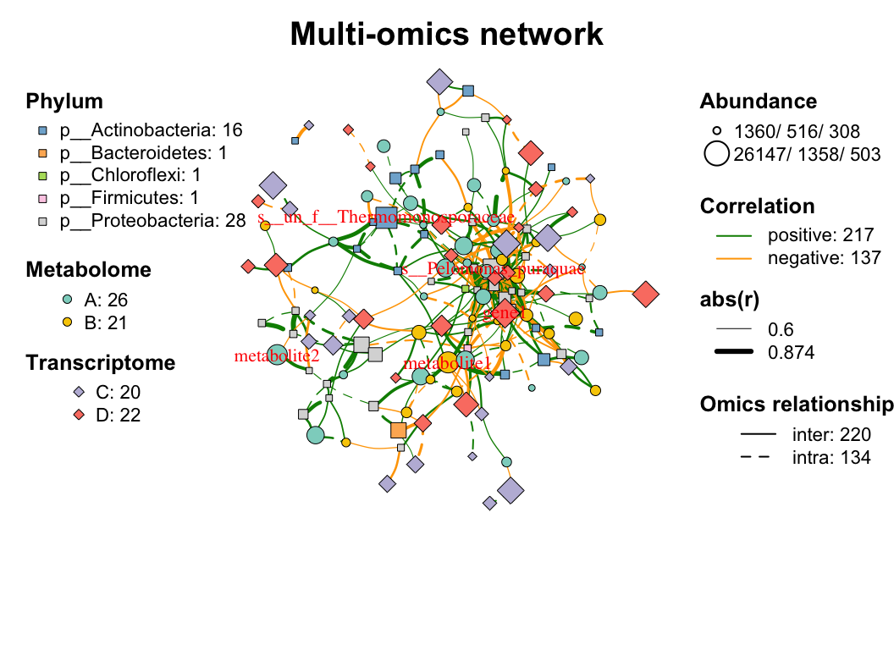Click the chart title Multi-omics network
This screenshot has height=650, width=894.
coord(446,35)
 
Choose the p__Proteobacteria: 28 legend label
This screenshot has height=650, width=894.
coord(152,222)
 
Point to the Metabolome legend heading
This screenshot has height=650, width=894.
coord(89,270)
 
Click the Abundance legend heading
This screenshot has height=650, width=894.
coord(759,102)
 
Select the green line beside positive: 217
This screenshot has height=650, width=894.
coord(734,235)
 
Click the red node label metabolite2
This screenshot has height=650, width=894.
coord(277,355)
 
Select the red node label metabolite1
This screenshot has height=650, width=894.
coord(447,364)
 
